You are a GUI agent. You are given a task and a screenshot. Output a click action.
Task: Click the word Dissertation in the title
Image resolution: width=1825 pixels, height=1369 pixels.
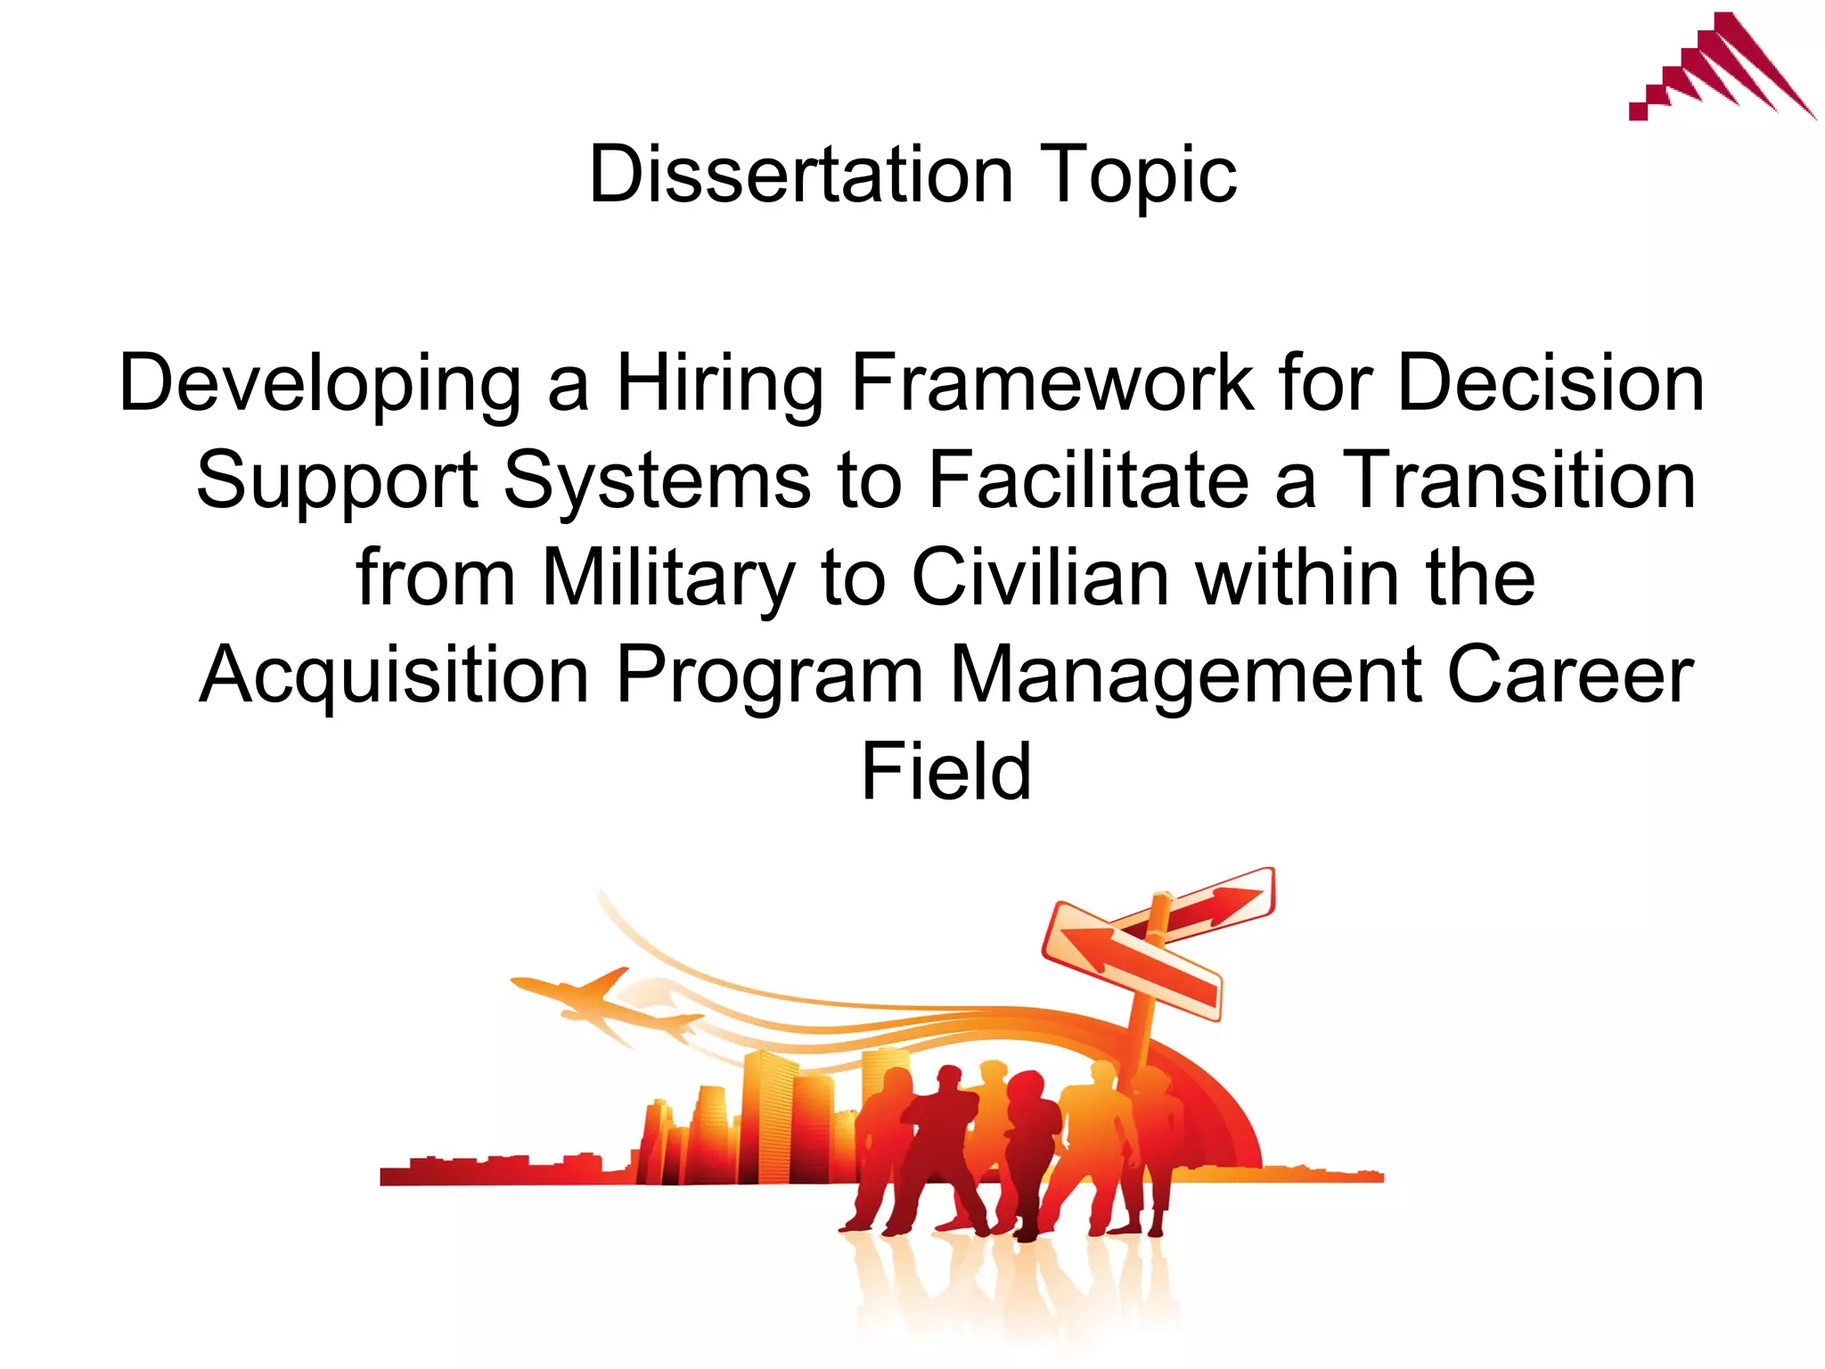pyautogui.click(x=800, y=175)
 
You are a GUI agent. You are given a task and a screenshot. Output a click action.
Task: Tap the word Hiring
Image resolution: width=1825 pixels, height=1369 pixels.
pyautogui.click(x=720, y=383)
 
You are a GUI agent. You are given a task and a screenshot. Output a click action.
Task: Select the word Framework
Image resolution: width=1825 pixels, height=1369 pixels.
pyautogui.click(x=1052, y=383)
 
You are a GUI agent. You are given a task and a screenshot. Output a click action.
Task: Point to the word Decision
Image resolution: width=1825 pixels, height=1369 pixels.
pyautogui.click(x=1551, y=383)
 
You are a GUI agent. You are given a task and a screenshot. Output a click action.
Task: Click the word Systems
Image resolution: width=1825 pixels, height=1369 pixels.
pyautogui.click(x=657, y=480)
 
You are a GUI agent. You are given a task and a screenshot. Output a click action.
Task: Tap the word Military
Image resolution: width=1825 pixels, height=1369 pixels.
pyautogui.click(x=667, y=578)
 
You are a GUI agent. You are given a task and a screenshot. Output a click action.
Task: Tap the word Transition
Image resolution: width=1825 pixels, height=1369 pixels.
pyautogui.click(x=1518, y=480)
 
